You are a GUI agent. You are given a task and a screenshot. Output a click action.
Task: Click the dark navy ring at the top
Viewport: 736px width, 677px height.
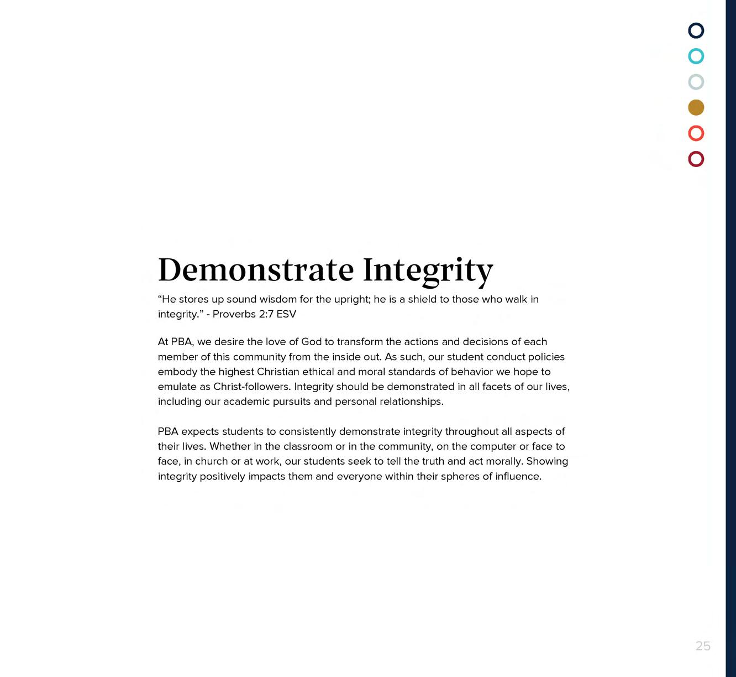696,30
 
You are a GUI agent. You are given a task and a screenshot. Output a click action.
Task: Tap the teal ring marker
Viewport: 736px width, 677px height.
696,56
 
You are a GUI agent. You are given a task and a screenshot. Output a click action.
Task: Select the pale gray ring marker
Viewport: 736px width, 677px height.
696,82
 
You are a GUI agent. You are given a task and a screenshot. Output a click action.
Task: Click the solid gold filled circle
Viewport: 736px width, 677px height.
696,107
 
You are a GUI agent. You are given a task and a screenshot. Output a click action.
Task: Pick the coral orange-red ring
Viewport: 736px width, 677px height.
696,133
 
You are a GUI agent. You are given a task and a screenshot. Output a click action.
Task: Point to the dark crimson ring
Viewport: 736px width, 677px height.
696,159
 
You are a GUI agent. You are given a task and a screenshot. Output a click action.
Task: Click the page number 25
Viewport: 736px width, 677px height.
703,646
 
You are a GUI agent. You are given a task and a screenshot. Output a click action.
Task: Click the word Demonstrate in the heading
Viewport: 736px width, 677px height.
256,269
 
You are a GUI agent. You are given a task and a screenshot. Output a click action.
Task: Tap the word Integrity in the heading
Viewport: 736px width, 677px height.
428,269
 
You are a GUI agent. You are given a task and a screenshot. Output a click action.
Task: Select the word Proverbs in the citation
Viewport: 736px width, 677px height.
234,314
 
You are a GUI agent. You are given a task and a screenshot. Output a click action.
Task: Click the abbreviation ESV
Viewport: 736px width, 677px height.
286,314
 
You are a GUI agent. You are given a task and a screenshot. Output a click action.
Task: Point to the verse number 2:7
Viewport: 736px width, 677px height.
266,314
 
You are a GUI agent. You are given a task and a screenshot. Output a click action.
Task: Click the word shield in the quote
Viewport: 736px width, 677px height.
422,299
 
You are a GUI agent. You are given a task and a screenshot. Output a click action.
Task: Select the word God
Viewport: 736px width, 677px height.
311,342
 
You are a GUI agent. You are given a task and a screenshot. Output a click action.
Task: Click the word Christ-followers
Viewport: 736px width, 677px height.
253,387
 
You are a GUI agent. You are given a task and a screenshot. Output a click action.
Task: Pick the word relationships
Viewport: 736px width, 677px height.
411,402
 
